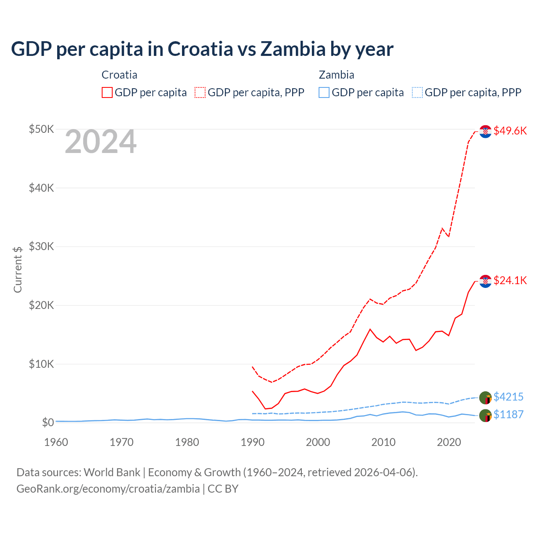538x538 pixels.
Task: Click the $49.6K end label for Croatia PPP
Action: coord(510,131)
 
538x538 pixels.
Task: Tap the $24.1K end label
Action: coord(510,280)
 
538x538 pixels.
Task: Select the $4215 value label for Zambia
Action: coord(508,397)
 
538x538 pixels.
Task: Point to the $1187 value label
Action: coord(508,414)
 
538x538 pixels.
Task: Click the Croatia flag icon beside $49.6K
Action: coord(485,132)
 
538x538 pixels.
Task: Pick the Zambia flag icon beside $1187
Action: coord(485,415)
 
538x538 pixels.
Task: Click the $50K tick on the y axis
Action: coord(41,129)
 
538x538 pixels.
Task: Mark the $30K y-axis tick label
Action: coord(41,246)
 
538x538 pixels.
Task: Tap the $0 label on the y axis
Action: coord(47,422)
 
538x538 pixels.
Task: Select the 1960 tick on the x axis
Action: coord(56,442)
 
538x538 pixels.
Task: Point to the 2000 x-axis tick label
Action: coord(318,442)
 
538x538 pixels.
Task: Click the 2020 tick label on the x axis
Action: coord(449,442)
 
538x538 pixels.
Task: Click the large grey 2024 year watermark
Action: coord(100,142)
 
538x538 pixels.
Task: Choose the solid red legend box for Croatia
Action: coord(107,92)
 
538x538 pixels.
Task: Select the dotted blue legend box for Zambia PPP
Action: coord(417,92)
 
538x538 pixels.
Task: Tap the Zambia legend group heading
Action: coord(336,75)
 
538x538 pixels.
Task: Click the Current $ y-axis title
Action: coord(18,269)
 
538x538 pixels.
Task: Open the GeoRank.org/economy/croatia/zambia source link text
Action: coord(108,489)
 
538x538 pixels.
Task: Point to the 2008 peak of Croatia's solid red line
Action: coord(370,329)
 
